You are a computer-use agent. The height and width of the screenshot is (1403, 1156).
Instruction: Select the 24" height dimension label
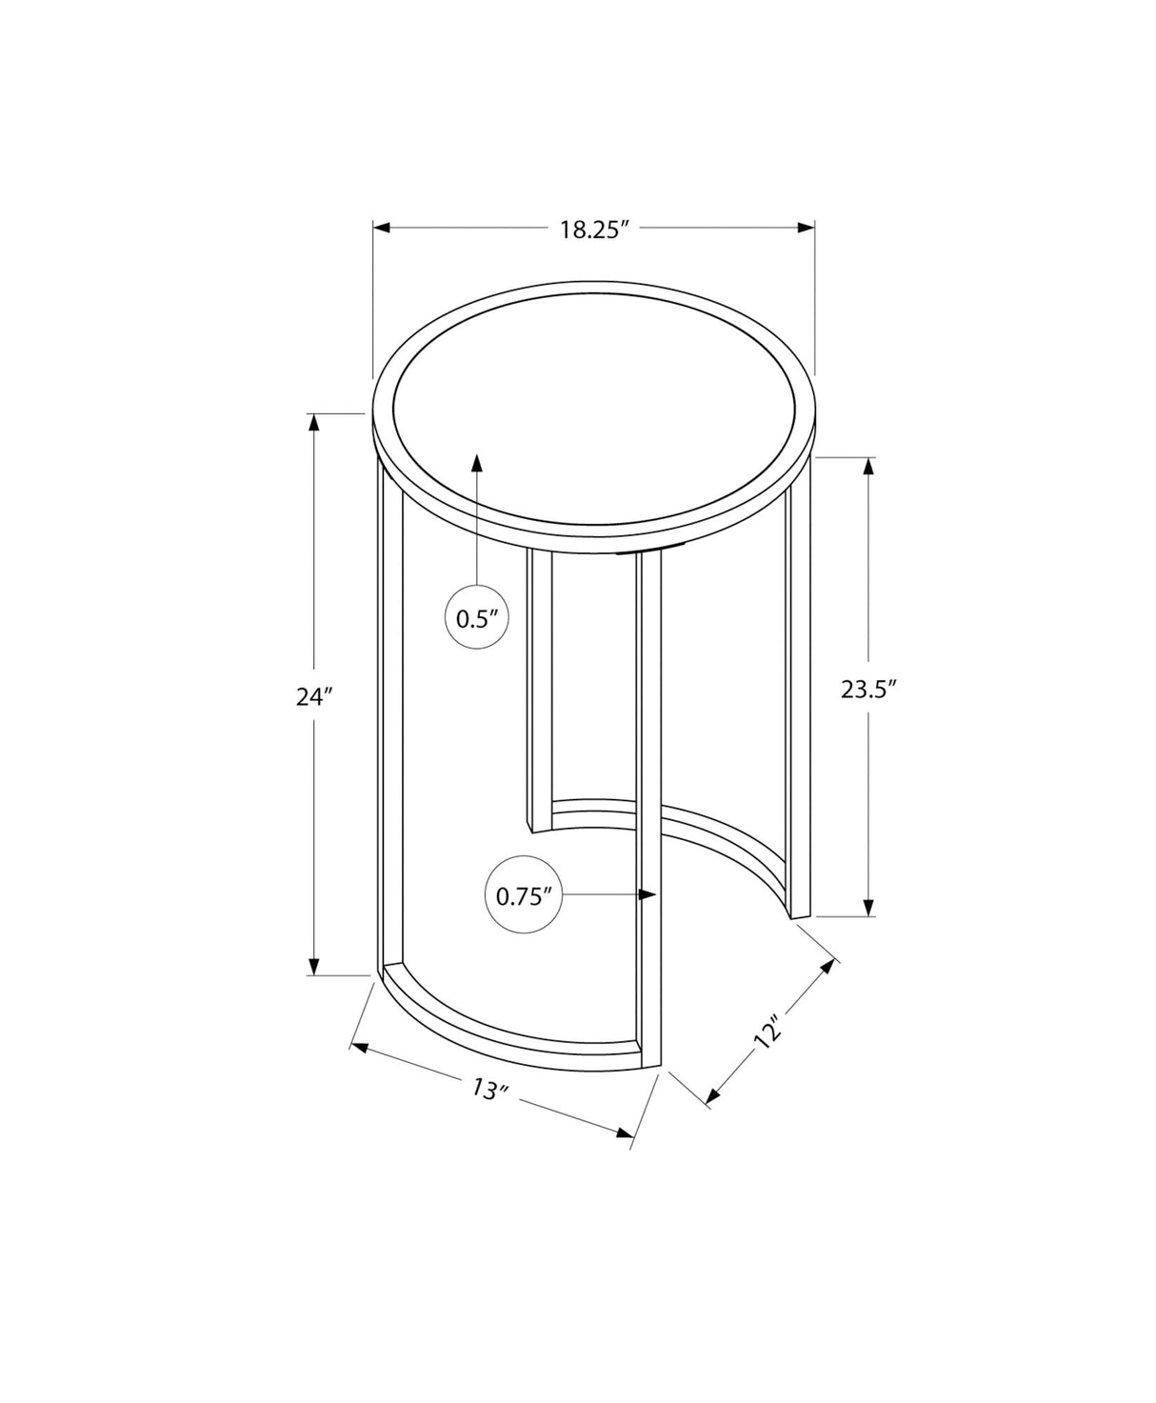point(312,696)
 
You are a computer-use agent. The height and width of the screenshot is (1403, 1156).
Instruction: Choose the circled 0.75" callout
point(524,895)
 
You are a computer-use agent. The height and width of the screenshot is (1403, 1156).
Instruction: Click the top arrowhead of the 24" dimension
point(312,421)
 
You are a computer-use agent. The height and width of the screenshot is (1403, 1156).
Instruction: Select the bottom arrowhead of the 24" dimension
point(312,967)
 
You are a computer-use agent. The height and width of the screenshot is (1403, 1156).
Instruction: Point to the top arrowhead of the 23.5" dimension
point(868,466)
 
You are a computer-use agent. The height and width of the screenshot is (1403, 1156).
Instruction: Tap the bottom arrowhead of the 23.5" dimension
point(868,909)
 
